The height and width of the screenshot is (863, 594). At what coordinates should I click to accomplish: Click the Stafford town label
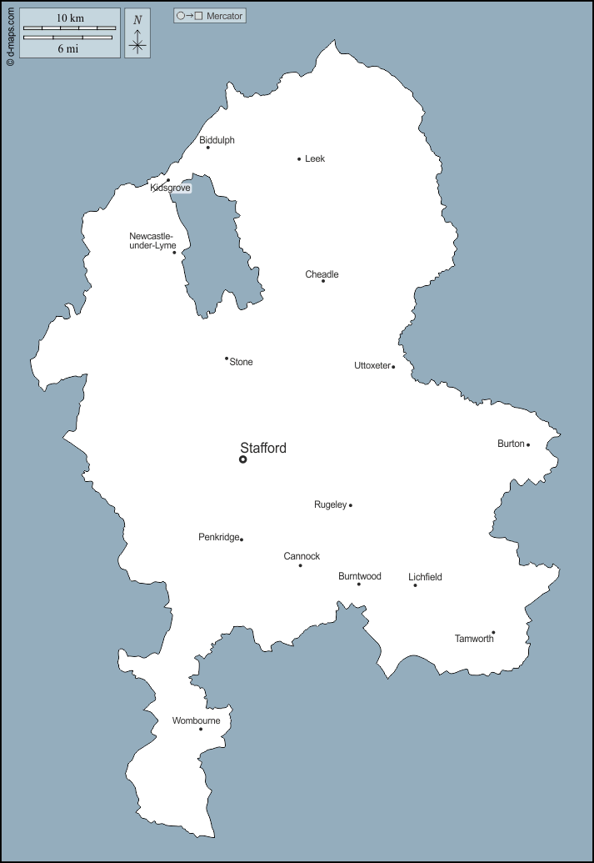tap(262, 448)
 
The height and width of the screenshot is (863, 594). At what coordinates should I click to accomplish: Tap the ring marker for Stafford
tap(243, 459)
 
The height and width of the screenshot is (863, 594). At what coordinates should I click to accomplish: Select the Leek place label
tap(315, 158)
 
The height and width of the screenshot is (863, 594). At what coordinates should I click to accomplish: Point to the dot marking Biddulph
tap(208, 148)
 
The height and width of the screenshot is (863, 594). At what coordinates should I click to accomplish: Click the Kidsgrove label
tap(171, 188)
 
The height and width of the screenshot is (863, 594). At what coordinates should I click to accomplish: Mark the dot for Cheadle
tap(323, 281)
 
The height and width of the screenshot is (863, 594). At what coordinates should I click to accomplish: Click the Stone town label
tap(241, 362)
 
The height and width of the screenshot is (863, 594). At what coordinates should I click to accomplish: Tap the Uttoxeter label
tap(372, 365)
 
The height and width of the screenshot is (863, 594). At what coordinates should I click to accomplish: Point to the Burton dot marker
tap(528, 444)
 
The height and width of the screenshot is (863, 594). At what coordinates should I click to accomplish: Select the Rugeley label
tap(330, 504)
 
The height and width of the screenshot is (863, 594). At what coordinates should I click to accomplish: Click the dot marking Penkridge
tap(242, 539)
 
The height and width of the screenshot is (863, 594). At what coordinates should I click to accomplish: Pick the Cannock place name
tap(302, 556)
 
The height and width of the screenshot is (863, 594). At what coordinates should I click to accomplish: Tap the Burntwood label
tap(360, 576)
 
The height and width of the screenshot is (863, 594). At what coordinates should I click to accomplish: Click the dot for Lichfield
tap(415, 585)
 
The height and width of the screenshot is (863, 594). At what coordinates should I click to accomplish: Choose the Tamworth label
tap(474, 639)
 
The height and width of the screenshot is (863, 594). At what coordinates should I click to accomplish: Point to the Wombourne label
tap(196, 720)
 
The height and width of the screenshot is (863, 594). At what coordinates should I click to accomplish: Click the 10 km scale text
tap(70, 18)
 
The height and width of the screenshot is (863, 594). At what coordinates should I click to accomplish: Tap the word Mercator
tap(224, 16)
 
